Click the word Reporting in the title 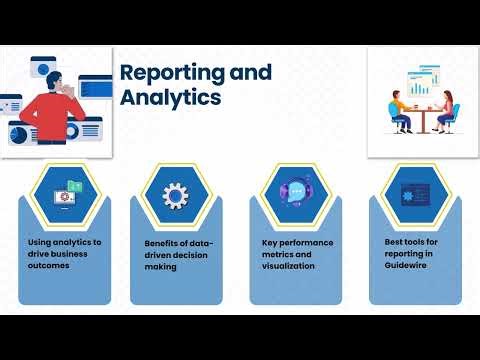click(172, 73)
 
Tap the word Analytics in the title click(170, 97)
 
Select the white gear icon click(175, 196)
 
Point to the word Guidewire click(405, 265)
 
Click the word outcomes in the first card click(49, 266)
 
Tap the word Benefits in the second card click(161, 243)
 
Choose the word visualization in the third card click(288, 266)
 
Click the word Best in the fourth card click(392, 242)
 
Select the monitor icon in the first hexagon click(65, 198)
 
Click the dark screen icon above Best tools click(415, 195)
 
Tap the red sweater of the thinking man click(52, 117)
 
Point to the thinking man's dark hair click(53, 80)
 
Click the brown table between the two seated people click(423, 119)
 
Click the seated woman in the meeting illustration click(445, 112)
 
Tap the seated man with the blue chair click(400, 113)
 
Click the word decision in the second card click(191, 255)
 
